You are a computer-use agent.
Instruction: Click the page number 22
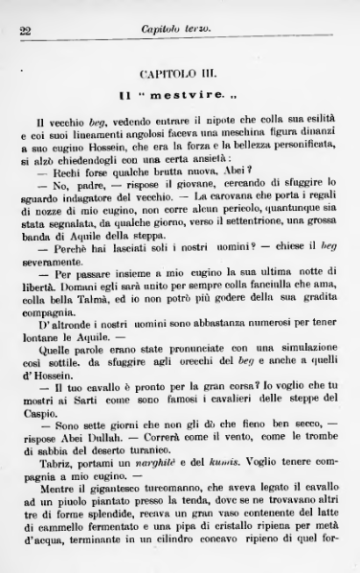point(26,30)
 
